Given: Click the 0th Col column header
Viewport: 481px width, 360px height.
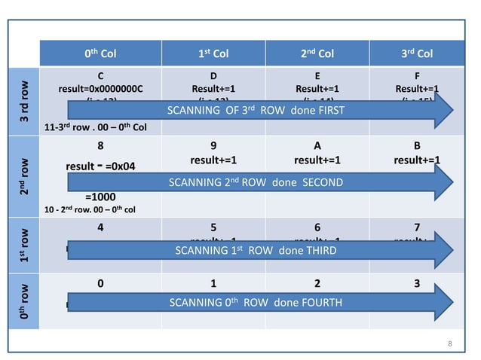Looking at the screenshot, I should tap(100, 53).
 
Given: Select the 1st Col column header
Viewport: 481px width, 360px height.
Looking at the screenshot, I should tap(208, 53).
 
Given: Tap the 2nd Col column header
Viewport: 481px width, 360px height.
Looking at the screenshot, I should tap(316, 53).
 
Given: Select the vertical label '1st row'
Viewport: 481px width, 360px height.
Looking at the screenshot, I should tap(25, 242).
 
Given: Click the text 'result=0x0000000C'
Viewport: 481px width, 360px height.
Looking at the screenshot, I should tap(100, 88).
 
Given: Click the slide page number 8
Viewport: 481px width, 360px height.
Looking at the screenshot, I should tap(449, 344).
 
